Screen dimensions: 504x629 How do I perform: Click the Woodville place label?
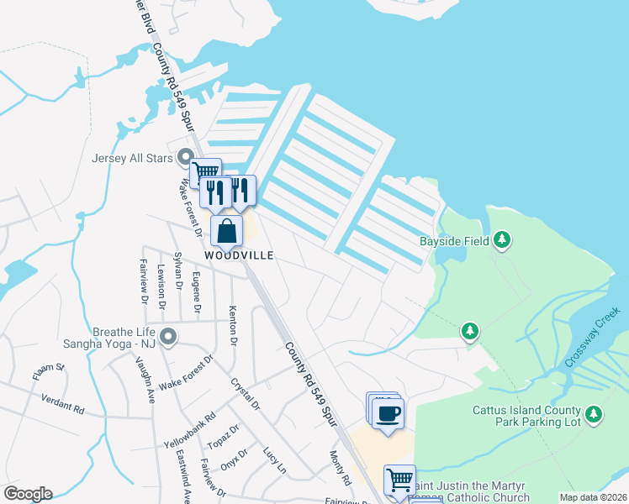[x=240, y=255]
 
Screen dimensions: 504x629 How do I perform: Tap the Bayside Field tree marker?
[x=502, y=241]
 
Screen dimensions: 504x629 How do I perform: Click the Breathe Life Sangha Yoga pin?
[x=169, y=337]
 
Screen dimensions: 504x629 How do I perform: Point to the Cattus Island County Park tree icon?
[x=594, y=414]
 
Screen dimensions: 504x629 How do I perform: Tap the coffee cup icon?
[x=388, y=413]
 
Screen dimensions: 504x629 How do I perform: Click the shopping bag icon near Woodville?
[x=227, y=229]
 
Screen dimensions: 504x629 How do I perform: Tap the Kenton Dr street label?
[x=233, y=328]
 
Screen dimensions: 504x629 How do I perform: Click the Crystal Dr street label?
[x=246, y=394]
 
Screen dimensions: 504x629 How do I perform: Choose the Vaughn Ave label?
[x=145, y=378]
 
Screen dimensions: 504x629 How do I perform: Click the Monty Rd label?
[x=340, y=467]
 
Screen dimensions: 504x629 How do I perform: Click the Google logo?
[x=28, y=494]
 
